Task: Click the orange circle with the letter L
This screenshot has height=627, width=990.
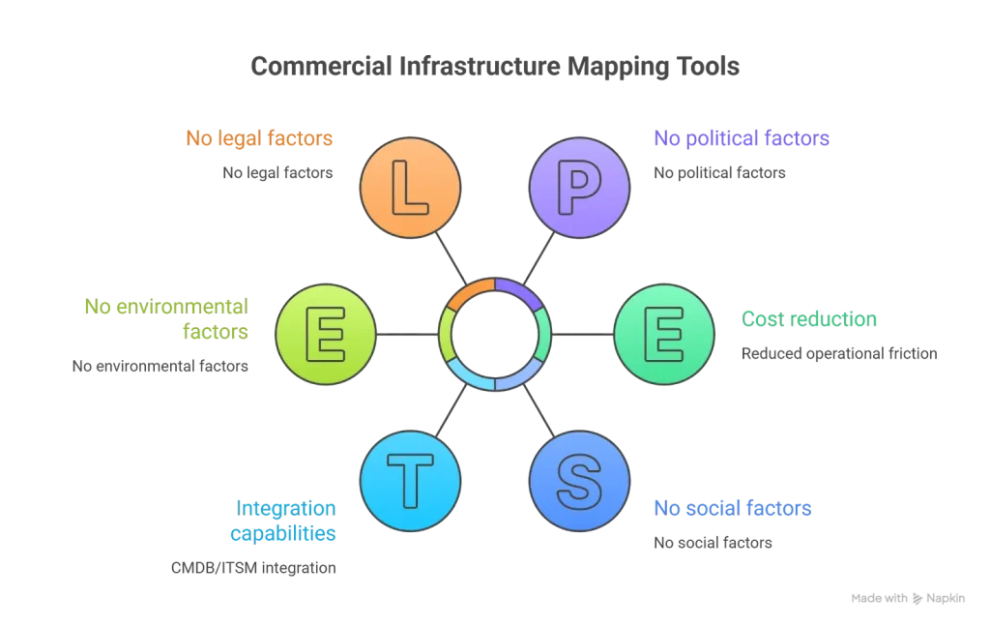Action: coord(409,187)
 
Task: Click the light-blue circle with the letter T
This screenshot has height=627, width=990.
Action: coord(409,481)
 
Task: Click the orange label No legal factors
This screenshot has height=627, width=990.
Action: coord(259,138)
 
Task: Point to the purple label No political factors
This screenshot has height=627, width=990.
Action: coord(742,138)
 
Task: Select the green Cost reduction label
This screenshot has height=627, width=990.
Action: coord(810,319)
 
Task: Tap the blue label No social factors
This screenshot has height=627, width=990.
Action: coord(731,509)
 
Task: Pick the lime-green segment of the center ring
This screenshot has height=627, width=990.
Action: coord(447,333)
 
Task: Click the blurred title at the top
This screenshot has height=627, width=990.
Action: coord(494,66)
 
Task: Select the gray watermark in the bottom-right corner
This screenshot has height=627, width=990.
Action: coord(908,596)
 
